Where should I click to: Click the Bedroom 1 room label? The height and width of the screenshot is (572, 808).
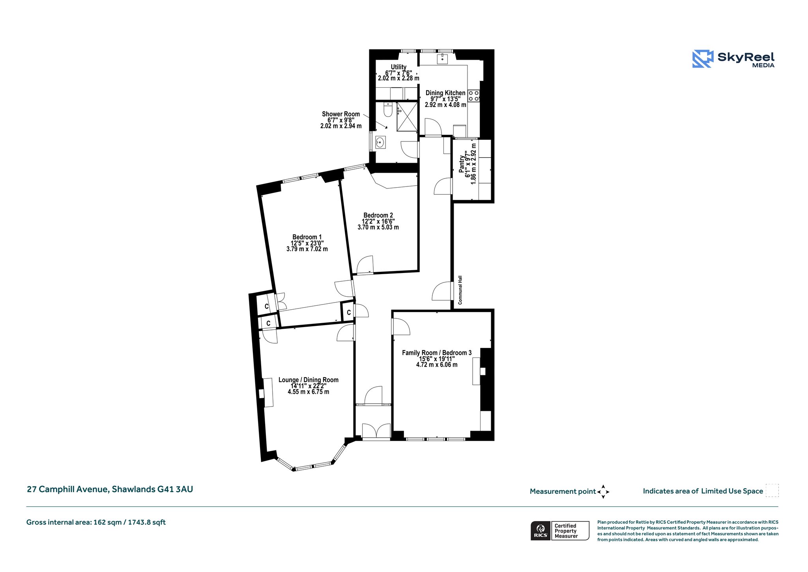point(307,237)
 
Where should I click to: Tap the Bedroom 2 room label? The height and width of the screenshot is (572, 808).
point(378,216)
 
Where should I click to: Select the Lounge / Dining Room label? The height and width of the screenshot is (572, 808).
point(309,380)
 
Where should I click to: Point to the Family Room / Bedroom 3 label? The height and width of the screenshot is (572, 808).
point(437,353)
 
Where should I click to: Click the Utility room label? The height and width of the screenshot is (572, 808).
point(398,67)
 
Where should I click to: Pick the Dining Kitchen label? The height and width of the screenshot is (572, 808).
point(445,93)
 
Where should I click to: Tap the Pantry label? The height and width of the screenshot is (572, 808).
point(462,164)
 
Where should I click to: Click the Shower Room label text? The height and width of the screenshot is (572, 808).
point(341,114)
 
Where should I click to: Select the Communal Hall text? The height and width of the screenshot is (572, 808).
point(460,290)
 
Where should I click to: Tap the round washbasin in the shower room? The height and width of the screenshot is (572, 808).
point(380,142)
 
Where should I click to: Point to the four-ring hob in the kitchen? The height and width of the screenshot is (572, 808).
point(473,96)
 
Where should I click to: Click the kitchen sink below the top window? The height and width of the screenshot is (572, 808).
point(442,59)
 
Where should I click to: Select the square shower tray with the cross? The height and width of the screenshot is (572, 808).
point(407,117)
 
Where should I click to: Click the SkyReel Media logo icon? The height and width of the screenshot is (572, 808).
point(703,59)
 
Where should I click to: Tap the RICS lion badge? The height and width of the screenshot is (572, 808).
point(541,531)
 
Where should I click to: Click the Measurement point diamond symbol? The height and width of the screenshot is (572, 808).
point(603,492)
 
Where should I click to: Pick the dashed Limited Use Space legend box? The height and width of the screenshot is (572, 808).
point(772,490)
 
